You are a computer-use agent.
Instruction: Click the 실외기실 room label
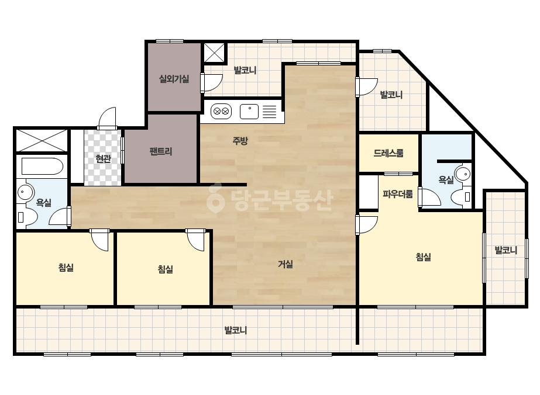pos(174,79)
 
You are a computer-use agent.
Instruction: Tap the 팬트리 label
pos(161,151)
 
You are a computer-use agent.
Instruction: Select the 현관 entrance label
pos(103,159)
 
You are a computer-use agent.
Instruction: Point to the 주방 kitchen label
pos(240,140)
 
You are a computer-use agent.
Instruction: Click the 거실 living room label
pos(286,264)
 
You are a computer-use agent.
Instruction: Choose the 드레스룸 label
pos(388,153)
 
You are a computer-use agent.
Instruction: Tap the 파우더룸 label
pos(398,195)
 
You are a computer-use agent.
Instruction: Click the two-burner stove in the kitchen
pos(221,112)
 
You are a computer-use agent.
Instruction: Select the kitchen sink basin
pos(249,112)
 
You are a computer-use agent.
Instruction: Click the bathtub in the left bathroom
pos(42,167)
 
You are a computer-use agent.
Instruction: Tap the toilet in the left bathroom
pos(27,217)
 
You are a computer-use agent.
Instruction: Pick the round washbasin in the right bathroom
pos(463,174)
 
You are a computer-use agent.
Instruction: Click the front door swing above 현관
pos(107,119)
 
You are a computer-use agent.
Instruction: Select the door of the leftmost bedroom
pos(100,240)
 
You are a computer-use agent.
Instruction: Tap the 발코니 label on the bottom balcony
pos(236,331)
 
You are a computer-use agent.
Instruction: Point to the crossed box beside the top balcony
pos(215,53)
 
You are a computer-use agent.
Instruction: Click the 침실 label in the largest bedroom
pos(424,257)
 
